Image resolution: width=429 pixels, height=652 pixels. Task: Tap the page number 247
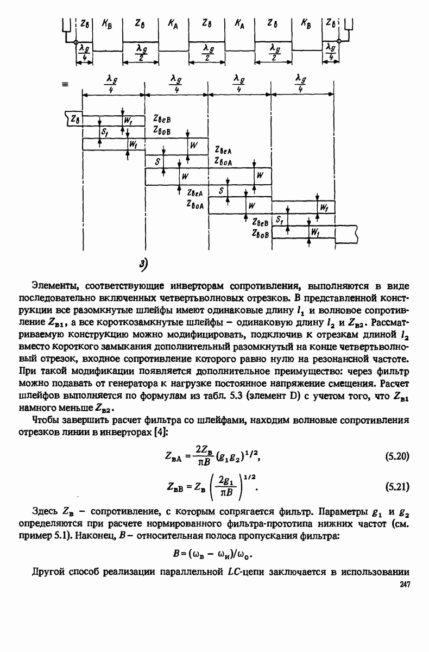click(x=403, y=585)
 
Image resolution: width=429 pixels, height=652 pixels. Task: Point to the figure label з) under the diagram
click(x=143, y=264)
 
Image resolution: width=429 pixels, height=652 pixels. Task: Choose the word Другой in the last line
click(x=48, y=572)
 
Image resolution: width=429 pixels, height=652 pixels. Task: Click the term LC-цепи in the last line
click(x=241, y=572)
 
